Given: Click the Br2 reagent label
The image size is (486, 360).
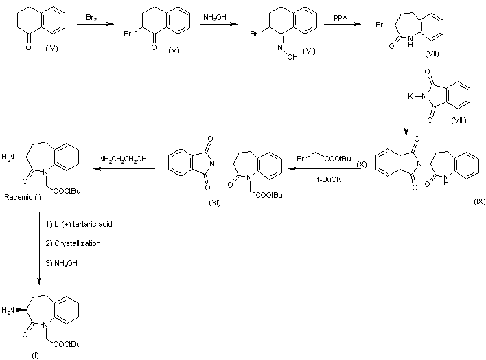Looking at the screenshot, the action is point(91,18).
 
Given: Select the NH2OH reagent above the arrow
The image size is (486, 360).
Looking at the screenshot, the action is point(215,18).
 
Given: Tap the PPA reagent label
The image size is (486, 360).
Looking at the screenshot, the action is point(340,18).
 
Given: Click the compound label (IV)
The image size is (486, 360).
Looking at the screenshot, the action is point(51,48).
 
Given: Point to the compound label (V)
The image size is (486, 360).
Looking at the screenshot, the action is point(174,50).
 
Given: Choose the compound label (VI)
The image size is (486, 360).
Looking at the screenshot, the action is point(309,51).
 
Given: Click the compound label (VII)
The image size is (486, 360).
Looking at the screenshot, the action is point(432,54).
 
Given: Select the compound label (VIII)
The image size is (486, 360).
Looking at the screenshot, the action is point(459,120).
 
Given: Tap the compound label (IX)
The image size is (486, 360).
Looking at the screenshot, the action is point(480,201).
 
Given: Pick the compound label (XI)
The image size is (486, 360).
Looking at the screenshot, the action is point(215,203).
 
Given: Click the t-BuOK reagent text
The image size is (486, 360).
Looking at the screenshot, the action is point(329,179).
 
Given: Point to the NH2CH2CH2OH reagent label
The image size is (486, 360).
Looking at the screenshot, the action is point(123,159).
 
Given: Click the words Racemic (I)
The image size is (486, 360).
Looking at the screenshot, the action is point(23,197).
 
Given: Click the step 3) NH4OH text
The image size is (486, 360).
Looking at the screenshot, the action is point(61,264).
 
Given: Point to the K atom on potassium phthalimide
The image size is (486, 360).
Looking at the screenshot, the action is point(410,96).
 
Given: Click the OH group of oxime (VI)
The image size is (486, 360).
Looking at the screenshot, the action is point(292,57).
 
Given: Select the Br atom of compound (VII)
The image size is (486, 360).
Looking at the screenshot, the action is point(380,25).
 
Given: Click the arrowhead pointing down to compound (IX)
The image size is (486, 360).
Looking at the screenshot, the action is point(406,132).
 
